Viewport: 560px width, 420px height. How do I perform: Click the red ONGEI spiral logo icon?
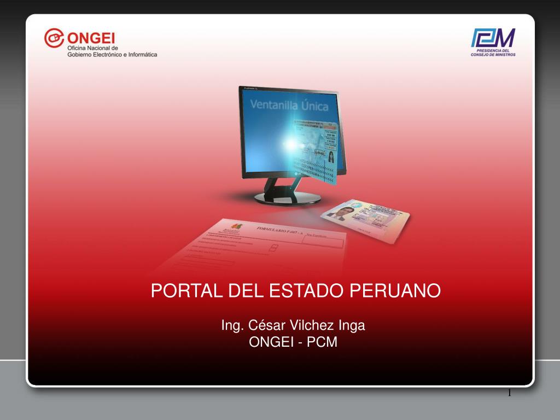pos(54,38)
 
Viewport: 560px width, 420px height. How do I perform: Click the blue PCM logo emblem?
pos(493,38)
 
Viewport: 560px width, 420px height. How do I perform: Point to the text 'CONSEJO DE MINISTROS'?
pos(493,55)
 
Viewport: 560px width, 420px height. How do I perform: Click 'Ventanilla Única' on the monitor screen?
pos(289,105)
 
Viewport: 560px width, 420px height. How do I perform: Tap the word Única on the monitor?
pos(314,106)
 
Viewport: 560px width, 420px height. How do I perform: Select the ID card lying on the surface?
pos(365,216)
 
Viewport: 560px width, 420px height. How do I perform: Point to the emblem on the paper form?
pos(236,226)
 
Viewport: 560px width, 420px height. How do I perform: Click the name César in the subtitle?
pos(264,325)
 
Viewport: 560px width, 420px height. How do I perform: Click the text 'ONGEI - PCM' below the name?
pos(293,343)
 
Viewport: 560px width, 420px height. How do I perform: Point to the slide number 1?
pos(509,393)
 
